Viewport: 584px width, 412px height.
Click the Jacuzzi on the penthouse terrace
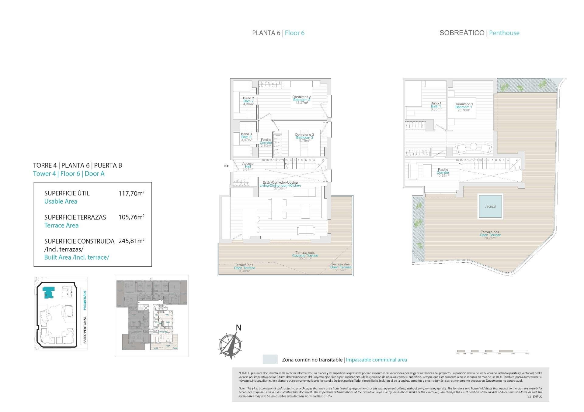click(x=490, y=206)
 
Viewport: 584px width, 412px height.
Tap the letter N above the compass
click(x=239, y=328)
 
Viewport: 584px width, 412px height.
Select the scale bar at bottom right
click(x=492, y=351)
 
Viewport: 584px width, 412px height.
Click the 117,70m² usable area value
click(x=131, y=193)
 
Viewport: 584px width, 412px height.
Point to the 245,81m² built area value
click(x=131, y=241)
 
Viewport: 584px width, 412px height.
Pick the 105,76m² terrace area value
click(x=131, y=217)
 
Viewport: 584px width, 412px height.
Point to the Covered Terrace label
click(x=305, y=255)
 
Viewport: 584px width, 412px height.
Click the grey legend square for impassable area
click(x=270, y=359)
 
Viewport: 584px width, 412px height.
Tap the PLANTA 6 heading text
click(x=266, y=33)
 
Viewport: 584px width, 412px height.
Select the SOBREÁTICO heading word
click(x=462, y=33)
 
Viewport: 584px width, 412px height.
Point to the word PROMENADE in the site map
click(x=85, y=300)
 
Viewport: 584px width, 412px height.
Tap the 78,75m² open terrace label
click(x=490, y=238)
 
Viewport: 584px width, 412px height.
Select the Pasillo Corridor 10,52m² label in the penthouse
click(x=443, y=172)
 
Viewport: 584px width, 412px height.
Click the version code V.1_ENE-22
click(x=535, y=397)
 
